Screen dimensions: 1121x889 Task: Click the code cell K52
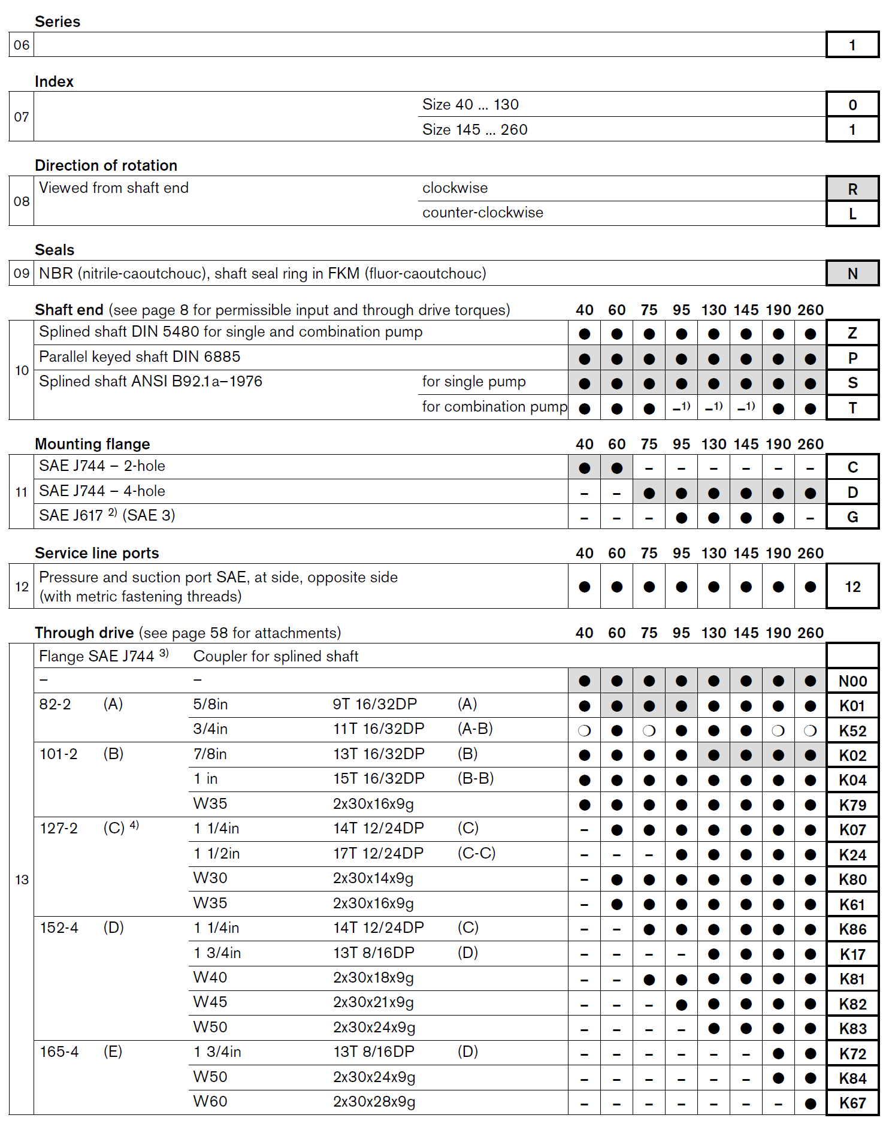click(x=852, y=731)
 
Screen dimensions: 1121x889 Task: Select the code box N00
click(x=852, y=681)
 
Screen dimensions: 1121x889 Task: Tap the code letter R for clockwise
click(x=852, y=189)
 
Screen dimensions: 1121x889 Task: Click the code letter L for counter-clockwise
click(x=852, y=214)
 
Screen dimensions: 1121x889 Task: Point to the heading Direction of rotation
click(x=106, y=165)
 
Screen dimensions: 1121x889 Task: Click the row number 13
click(x=22, y=880)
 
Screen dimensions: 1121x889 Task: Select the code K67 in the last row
click(x=852, y=1103)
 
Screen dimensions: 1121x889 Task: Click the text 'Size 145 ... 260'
click(x=474, y=129)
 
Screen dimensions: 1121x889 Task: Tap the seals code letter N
click(x=852, y=274)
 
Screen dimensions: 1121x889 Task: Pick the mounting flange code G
click(x=852, y=517)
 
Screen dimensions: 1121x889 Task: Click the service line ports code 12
click(x=852, y=587)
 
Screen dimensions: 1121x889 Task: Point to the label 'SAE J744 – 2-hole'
click(x=102, y=466)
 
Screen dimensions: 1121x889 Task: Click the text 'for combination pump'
click(x=494, y=407)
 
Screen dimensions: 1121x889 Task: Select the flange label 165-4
click(x=59, y=1051)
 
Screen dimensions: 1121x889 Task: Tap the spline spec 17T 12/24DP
click(x=378, y=853)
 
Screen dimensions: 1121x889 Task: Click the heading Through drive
click(x=84, y=633)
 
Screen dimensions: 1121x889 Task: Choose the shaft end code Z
click(x=852, y=333)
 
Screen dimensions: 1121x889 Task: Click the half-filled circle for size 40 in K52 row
click(x=584, y=731)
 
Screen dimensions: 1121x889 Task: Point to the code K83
click(x=852, y=1029)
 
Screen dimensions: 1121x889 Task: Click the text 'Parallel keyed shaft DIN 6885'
click(x=140, y=357)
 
